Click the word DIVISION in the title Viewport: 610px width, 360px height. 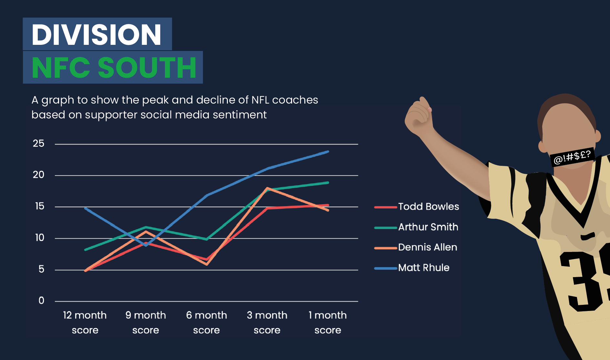click(x=97, y=35)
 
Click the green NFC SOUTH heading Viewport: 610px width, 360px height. click(x=114, y=68)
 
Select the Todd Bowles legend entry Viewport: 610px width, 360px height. click(x=417, y=207)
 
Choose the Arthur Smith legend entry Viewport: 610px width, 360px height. click(x=416, y=227)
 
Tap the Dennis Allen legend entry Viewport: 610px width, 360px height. click(x=416, y=247)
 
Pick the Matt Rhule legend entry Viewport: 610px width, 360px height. click(x=412, y=268)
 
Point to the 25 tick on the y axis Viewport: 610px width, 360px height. click(x=38, y=144)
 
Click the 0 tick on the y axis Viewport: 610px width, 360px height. click(x=41, y=301)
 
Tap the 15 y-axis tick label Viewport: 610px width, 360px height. click(x=39, y=206)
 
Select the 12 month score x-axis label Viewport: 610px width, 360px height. click(x=85, y=323)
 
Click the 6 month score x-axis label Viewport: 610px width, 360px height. click(x=207, y=323)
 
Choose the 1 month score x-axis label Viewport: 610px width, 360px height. click(x=328, y=323)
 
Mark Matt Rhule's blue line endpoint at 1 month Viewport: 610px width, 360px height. click(x=328, y=151)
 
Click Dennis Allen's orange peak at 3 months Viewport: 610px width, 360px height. click(x=267, y=188)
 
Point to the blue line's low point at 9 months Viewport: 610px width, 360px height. click(x=146, y=245)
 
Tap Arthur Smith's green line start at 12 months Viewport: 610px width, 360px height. click(x=85, y=250)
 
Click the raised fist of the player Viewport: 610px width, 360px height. click(x=418, y=116)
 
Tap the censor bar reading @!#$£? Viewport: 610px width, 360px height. click(x=572, y=157)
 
